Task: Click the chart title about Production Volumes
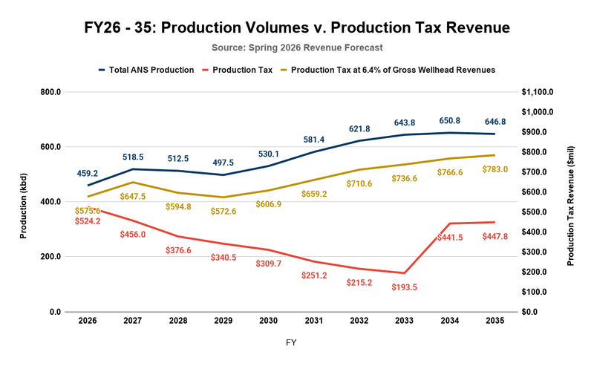[x=297, y=28]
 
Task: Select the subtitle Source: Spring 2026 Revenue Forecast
[x=297, y=48]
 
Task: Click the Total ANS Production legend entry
[x=146, y=70]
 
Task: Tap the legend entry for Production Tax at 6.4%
[x=387, y=70]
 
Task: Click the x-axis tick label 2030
[x=268, y=321]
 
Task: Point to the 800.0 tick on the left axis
[x=50, y=92]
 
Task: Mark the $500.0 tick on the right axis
[x=540, y=212]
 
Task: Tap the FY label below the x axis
[x=291, y=343]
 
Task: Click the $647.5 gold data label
[x=132, y=197]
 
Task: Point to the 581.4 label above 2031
[x=314, y=140]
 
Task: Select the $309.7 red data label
[x=269, y=264]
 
